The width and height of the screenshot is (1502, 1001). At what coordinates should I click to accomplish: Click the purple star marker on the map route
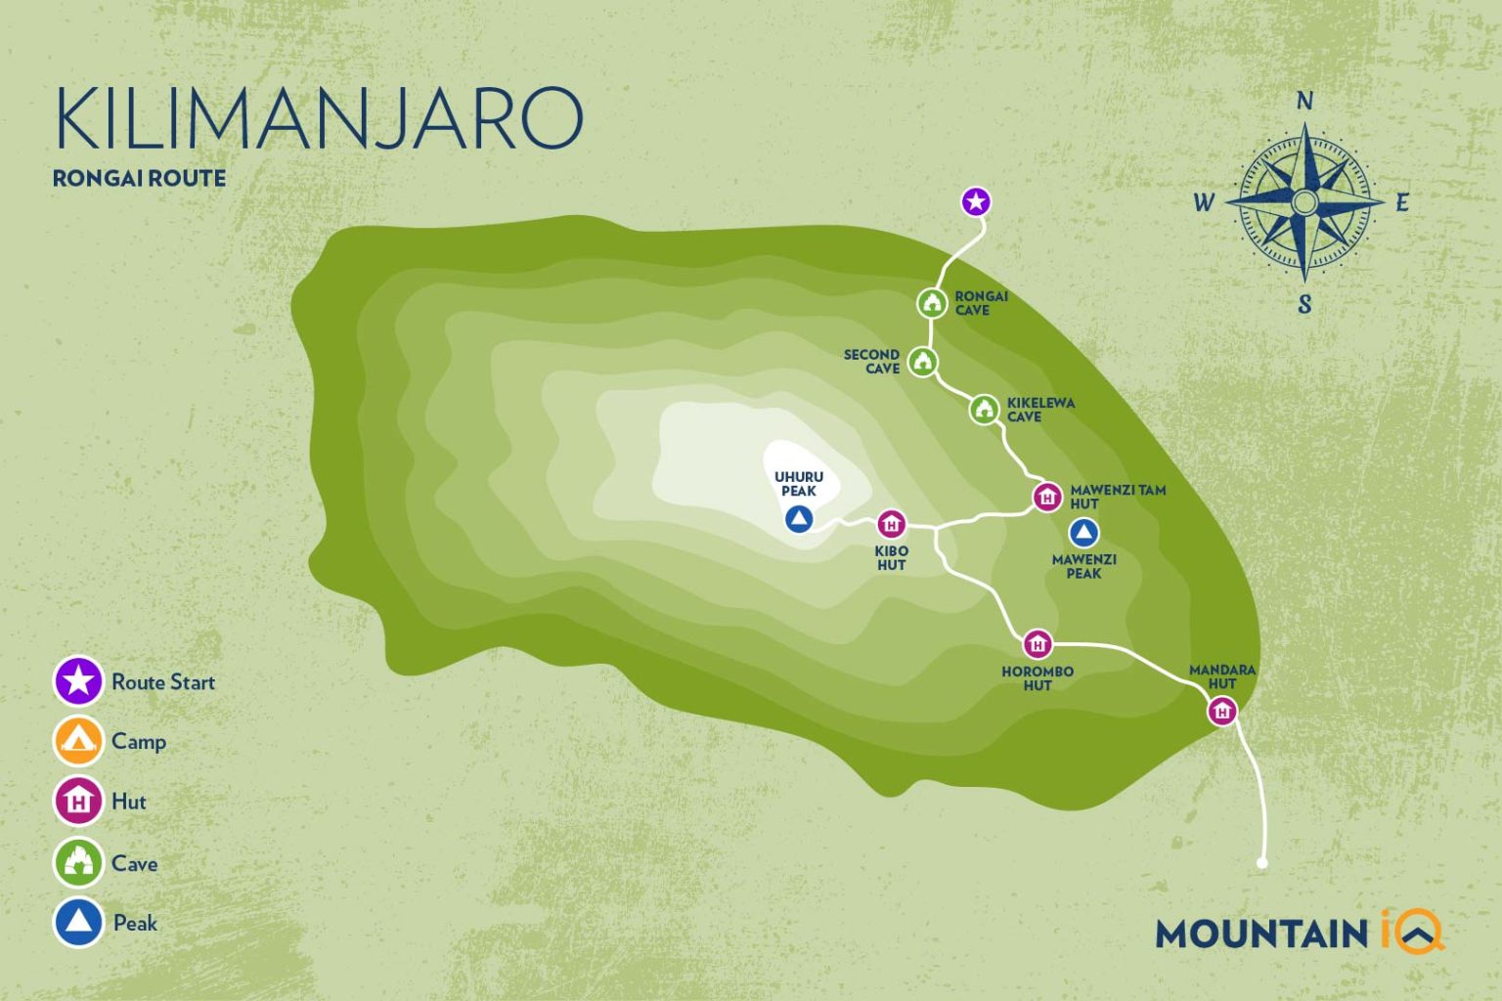click(x=975, y=202)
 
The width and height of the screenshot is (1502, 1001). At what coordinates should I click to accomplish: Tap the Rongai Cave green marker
click(x=932, y=303)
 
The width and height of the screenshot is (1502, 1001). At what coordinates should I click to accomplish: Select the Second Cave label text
click(x=871, y=362)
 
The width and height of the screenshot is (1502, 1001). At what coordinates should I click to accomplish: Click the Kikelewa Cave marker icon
click(x=985, y=410)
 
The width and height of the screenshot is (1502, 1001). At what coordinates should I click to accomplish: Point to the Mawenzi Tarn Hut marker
click(x=1047, y=497)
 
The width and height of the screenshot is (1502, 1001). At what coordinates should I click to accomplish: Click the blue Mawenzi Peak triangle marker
click(x=1082, y=533)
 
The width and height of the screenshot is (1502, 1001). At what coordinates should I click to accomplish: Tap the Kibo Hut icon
click(x=891, y=524)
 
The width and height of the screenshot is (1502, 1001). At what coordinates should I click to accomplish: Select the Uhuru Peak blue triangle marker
click(x=799, y=519)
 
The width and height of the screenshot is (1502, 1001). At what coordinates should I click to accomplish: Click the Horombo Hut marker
click(x=1037, y=644)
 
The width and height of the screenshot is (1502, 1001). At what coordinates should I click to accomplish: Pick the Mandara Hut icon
click(x=1221, y=712)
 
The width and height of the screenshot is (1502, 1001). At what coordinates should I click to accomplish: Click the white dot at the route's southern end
click(x=1262, y=863)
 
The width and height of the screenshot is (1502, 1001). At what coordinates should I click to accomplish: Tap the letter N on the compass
click(x=1304, y=101)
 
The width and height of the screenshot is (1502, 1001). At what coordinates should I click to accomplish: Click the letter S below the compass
click(x=1304, y=305)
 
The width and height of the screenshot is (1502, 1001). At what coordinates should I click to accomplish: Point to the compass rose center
click(x=1304, y=202)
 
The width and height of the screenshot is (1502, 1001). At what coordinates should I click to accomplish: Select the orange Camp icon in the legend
click(x=78, y=741)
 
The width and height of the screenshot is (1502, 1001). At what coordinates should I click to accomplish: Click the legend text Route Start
click(x=163, y=682)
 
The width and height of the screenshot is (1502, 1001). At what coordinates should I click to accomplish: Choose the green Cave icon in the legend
click(x=78, y=862)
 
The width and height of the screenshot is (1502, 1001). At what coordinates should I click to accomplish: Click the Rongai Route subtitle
click(x=139, y=178)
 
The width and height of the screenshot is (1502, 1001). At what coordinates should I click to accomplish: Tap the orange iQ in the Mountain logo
click(x=1412, y=931)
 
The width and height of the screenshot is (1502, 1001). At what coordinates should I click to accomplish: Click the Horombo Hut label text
click(x=1038, y=678)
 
